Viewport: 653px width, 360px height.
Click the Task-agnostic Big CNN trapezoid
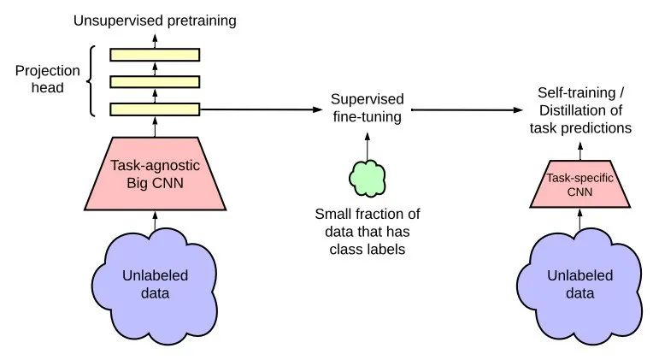coord(155,174)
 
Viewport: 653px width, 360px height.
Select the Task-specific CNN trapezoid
coord(579,184)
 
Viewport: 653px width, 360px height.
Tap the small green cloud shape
coord(368,179)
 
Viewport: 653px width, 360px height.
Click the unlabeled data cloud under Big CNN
coord(155,284)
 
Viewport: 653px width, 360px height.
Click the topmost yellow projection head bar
coord(155,55)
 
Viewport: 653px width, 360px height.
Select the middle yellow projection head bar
coord(155,82)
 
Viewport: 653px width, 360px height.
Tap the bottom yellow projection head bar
coord(155,109)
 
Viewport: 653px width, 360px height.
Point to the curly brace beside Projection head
coord(91,80)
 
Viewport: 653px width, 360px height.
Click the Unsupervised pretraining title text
coord(155,21)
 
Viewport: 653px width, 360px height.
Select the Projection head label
coord(48,80)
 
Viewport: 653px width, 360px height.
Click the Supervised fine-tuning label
coord(368,108)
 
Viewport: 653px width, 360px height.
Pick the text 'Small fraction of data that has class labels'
coord(368,232)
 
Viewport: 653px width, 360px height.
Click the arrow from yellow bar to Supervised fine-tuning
coord(262,109)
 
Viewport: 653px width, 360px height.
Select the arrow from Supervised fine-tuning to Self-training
coord(467,110)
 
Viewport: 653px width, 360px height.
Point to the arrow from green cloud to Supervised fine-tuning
coord(368,146)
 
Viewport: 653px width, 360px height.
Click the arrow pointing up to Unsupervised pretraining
coord(155,41)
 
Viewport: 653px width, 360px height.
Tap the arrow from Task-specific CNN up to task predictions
coord(580,151)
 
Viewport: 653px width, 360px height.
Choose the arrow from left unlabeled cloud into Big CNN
coord(155,221)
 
